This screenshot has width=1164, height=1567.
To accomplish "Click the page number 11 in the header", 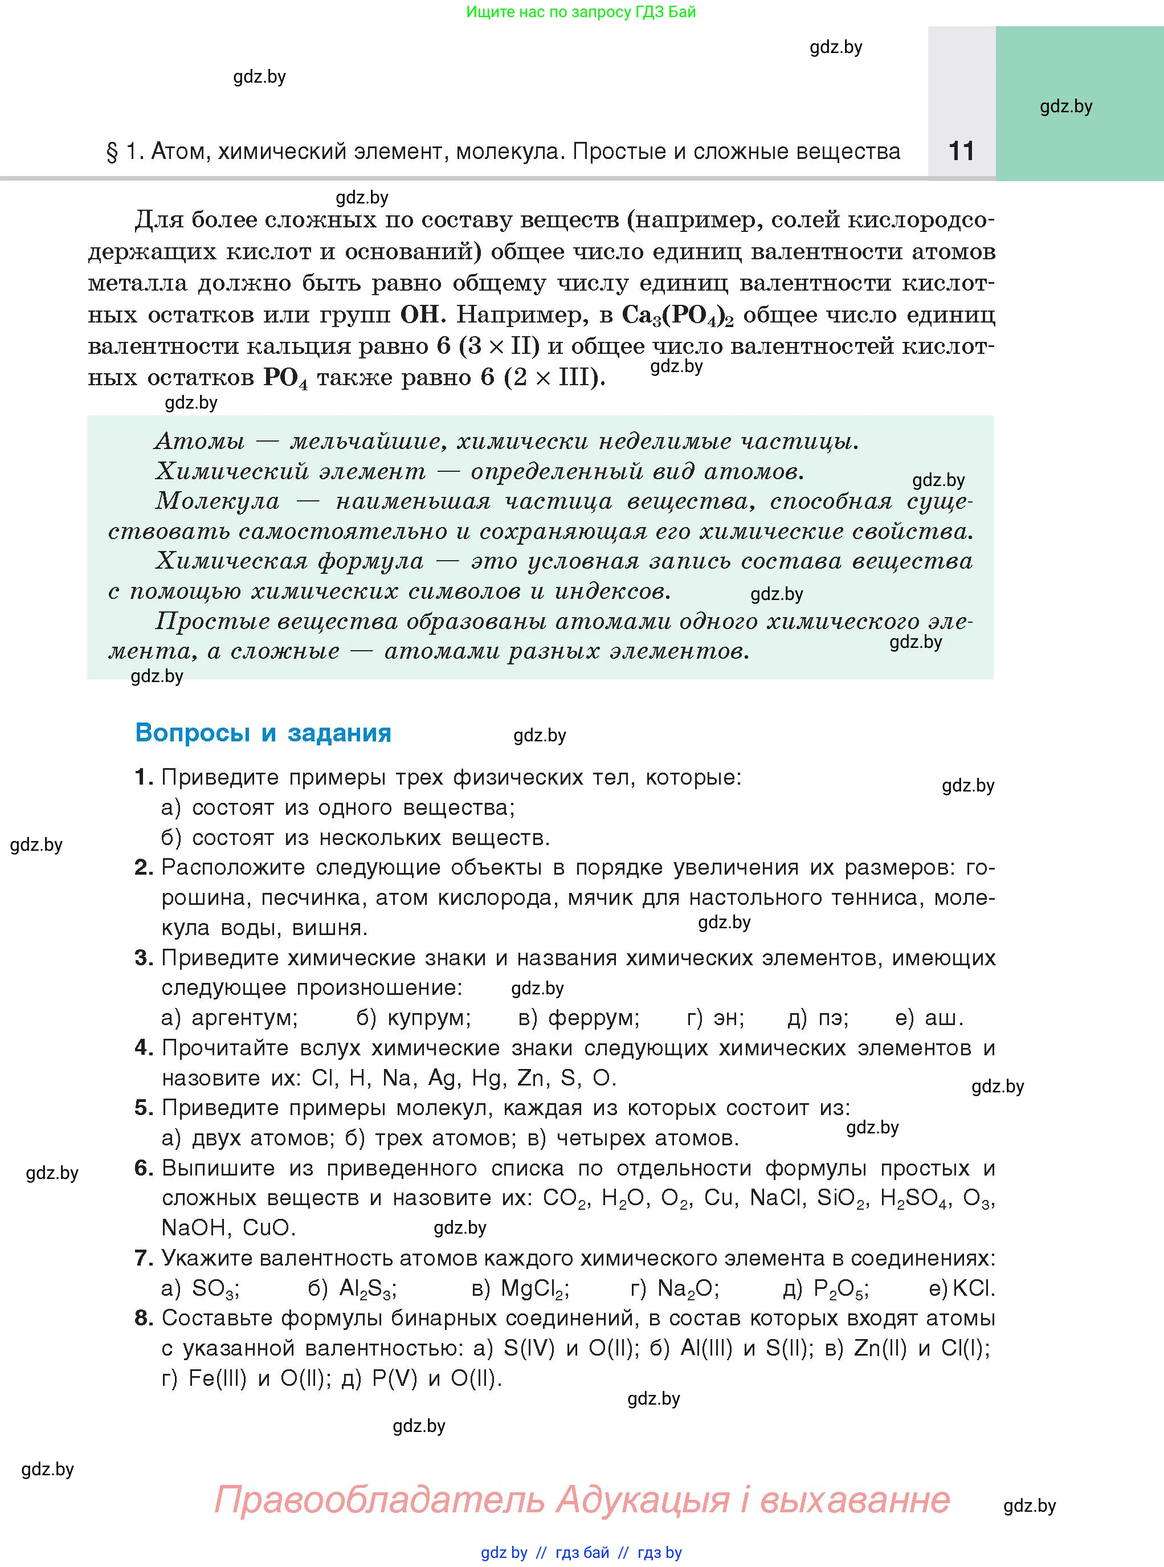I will (x=961, y=152).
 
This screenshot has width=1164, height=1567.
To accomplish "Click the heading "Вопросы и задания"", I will (x=263, y=733).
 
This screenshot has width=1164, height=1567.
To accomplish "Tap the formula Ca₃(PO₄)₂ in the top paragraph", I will (x=678, y=315).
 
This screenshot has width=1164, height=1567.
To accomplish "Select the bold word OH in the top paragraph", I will (x=420, y=314).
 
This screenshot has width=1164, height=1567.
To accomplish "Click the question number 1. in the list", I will (x=144, y=777).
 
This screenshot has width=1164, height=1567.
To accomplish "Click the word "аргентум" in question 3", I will (x=244, y=1018).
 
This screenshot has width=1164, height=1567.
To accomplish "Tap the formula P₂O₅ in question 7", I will (x=840, y=1289).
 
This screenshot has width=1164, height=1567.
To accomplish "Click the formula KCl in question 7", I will (x=974, y=1289).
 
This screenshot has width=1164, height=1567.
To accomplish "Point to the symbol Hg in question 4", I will (x=486, y=1078).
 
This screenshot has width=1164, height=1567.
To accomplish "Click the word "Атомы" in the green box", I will (x=199, y=441).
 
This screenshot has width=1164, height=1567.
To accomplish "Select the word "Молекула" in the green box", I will (x=217, y=501).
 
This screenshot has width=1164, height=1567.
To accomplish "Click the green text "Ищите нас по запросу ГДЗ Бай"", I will (x=581, y=12).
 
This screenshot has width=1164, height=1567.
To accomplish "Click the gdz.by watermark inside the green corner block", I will (x=1065, y=107).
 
